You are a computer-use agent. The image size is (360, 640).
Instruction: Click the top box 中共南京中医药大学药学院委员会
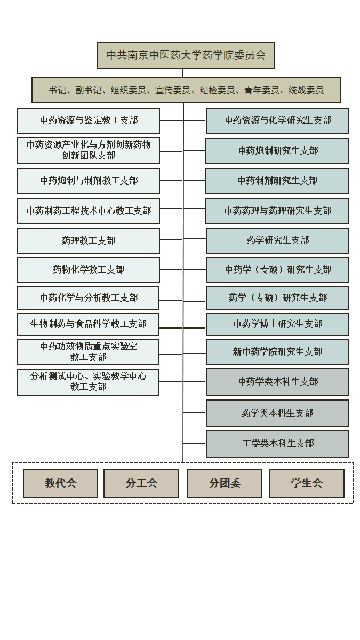pyautogui.click(x=186, y=55)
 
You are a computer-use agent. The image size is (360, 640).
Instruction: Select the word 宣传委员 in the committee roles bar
pyautogui.click(x=173, y=90)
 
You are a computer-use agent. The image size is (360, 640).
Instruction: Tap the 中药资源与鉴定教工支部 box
pyautogui.click(x=88, y=121)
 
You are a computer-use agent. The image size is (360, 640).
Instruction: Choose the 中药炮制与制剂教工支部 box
pyautogui.click(x=88, y=181)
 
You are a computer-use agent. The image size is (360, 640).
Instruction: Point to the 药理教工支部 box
pyautogui.click(x=88, y=241)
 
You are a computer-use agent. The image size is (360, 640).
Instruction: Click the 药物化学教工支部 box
pyautogui.click(x=88, y=270)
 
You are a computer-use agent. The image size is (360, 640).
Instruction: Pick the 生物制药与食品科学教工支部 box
pyautogui.click(x=87, y=324)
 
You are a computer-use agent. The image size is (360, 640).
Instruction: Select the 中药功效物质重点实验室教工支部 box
pyautogui.click(x=87, y=352)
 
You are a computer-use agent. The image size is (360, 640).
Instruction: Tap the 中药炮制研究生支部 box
pyautogui.click(x=277, y=151)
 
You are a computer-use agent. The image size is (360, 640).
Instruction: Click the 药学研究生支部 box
pyautogui.click(x=277, y=241)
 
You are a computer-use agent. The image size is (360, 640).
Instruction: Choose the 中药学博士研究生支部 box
pyautogui.click(x=277, y=324)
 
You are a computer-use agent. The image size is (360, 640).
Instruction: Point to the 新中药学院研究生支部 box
pyautogui.click(x=277, y=352)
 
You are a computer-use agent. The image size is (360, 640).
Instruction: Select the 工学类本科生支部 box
pyautogui.click(x=278, y=444)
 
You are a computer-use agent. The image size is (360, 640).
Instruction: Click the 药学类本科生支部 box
pyautogui.click(x=277, y=413)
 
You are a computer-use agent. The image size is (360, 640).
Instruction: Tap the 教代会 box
pyautogui.click(x=60, y=483)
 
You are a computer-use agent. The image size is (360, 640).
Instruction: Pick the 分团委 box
pyautogui.click(x=225, y=483)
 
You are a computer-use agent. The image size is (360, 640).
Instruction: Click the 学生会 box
pyautogui.click(x=307, y=483)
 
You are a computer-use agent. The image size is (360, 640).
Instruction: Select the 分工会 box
pyautogui.click(x=141, y=483)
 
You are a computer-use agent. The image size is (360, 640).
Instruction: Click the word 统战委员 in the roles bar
pyautogui.click(x=306, y=90)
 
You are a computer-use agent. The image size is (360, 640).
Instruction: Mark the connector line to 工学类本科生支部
pyautogui.click(x=195, y=444)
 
